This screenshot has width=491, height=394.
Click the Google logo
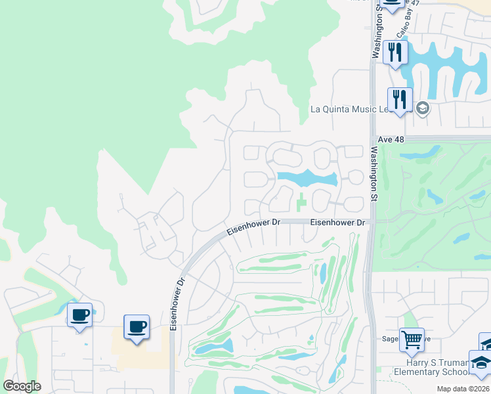point(22,385)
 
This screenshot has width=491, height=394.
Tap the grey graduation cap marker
point(422,108)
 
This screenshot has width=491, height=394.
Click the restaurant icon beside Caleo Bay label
point(395,52)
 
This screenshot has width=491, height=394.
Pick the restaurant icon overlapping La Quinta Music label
point(400,100)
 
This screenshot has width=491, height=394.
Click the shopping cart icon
point(412,340)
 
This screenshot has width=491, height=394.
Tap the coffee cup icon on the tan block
point(137,326)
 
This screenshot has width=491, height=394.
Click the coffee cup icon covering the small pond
point(80,315)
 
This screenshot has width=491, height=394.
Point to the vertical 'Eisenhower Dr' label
point(175,303)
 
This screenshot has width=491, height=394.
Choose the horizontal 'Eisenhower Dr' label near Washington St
point(337,223)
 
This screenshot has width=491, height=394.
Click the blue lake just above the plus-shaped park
point(307,178)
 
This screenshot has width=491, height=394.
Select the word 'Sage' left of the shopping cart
point(391,339)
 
